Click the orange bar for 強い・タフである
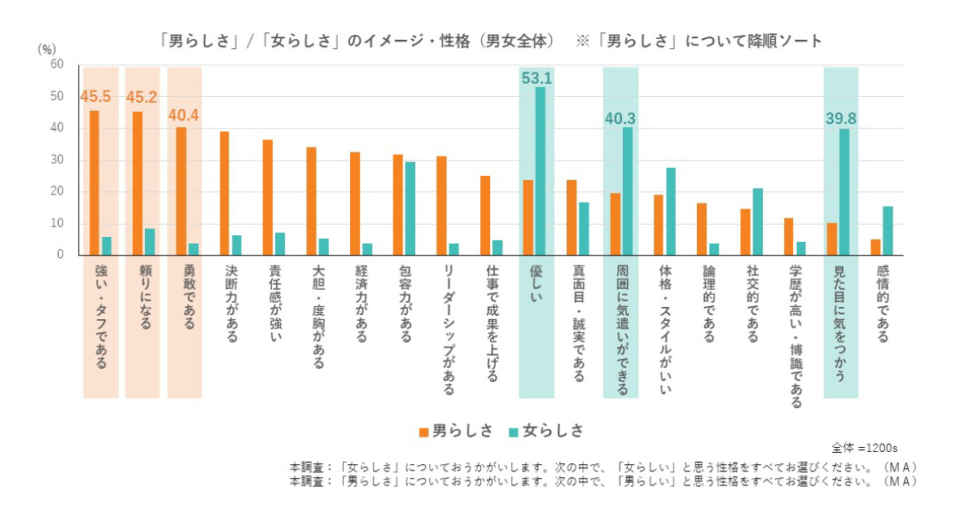tap(94, 183)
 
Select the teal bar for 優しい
tap(541, 171)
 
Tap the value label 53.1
tap(537, 79)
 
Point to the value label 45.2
tap(142, 99)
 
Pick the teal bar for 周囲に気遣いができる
tap(627, 191)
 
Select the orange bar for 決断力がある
tap(225, 194)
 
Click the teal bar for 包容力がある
tap(410, 208)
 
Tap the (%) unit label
tap(47, 49)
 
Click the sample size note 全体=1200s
tap(864, 448)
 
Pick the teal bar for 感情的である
tap(887, 230)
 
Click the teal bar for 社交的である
tap(757, 221)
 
